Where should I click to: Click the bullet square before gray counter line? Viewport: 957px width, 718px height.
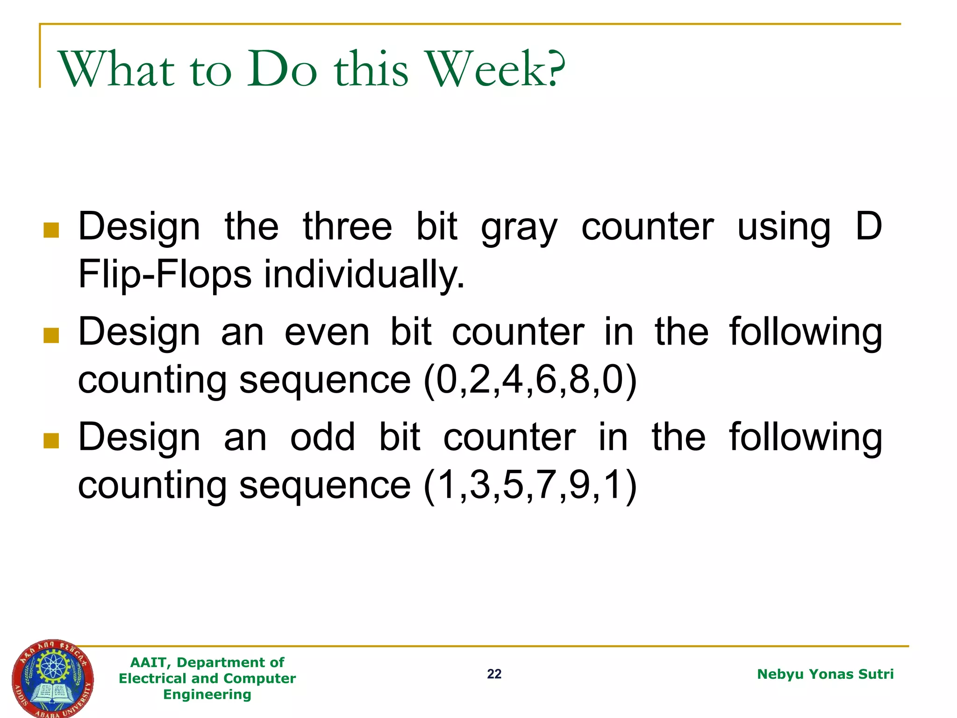[x=51, y=230]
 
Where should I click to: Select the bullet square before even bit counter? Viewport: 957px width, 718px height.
[x=51, y=335]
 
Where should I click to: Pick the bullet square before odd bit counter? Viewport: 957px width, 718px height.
[x=51, y=440]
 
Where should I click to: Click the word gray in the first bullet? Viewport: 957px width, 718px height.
[x=519, y=228]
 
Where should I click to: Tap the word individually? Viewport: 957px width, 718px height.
[x=364, y=274]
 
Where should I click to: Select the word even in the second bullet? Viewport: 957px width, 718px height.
[x=327, y=332]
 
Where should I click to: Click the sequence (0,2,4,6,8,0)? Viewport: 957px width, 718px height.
[x=530, y=380]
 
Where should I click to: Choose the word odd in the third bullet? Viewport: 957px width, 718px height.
[x=322, y=438]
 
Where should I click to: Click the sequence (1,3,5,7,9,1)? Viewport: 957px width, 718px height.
[x=530, y=485]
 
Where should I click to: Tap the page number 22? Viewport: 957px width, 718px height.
[x=494, y=674]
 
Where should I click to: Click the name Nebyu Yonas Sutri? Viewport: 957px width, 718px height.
[x=825, y=674]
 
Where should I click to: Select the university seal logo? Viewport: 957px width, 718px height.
[x=52, y=678]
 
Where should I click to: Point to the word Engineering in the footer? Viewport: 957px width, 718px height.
[x=207, y=695]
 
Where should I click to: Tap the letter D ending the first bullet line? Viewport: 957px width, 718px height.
[x=868, y=227]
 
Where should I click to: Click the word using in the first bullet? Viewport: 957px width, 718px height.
[x=784, y=228]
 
